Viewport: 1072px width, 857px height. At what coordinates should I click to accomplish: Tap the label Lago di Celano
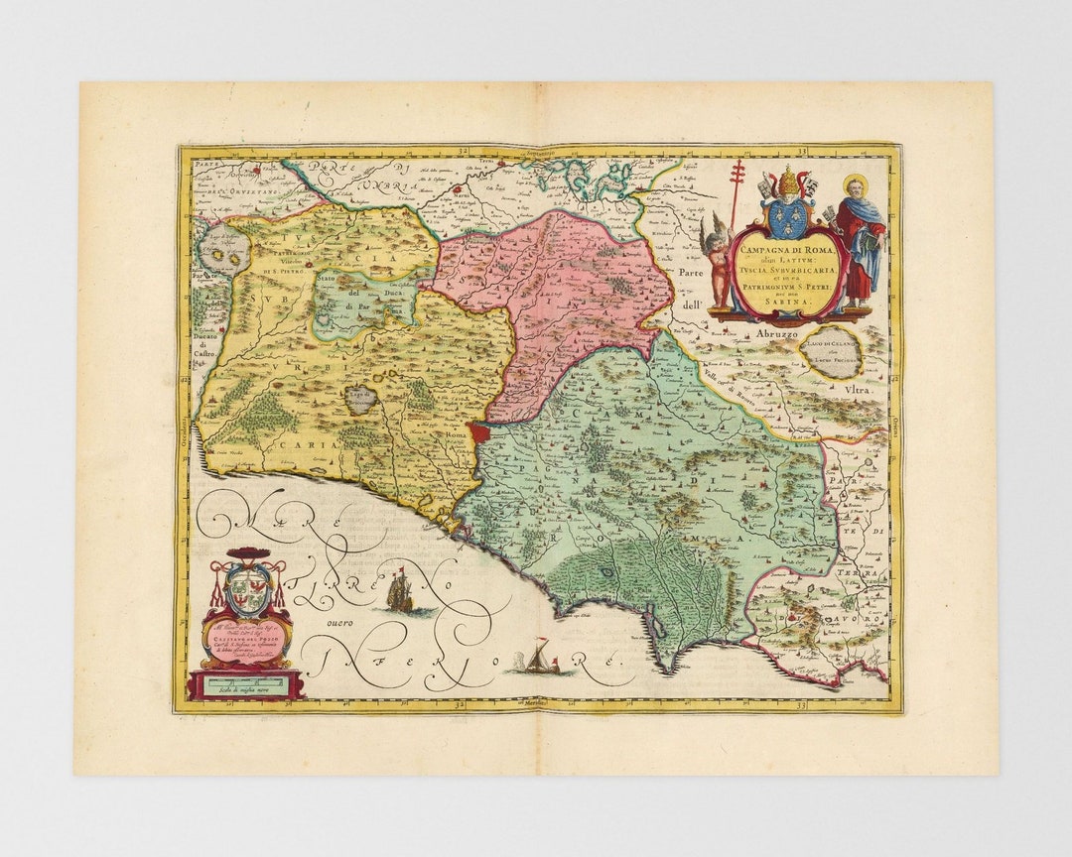[x=831, y=342]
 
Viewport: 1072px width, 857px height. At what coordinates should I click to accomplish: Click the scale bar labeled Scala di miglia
[x=246, y=684]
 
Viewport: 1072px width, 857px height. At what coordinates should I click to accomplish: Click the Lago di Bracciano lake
[x=360, y=399]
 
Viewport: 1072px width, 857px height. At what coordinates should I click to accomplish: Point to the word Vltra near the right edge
[x=856, y=391]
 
